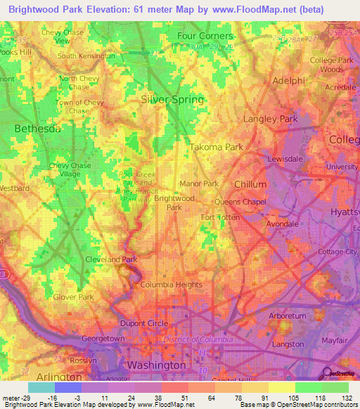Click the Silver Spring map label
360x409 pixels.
(x=172, y=100)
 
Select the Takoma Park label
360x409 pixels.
(x=216, y=148)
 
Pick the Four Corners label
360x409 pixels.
(x=205, y=36)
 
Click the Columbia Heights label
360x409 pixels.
(x=172, y=285)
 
